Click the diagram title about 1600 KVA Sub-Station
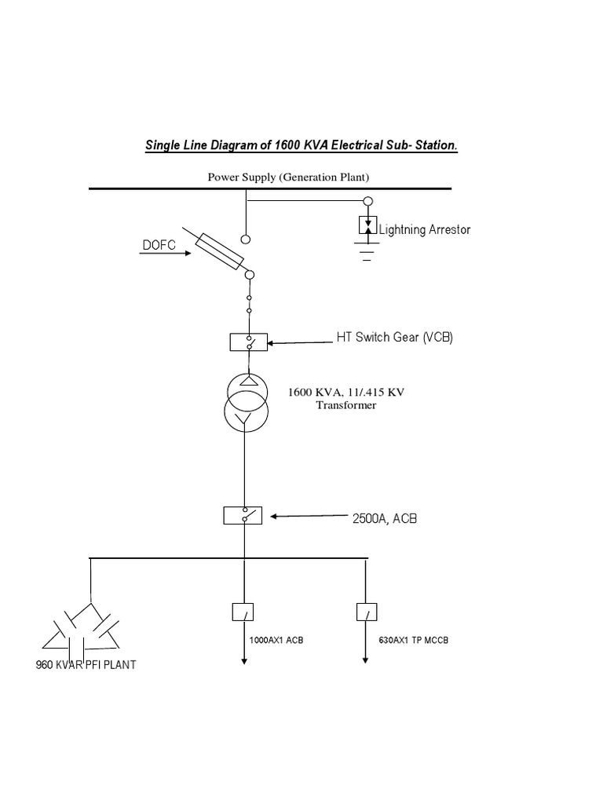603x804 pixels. (x=301, y=146)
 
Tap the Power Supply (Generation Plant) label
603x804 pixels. (x=287, y=177)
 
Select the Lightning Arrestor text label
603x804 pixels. (x=425, y=229)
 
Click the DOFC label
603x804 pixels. (x=160, y=246)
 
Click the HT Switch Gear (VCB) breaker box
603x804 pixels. (x=249, y=342)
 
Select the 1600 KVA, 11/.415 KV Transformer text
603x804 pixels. (x=345, y=399)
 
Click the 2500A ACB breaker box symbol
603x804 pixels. (x=244, y=516)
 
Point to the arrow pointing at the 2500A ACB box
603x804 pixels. (x=306, y=517)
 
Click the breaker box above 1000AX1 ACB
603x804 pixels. (x=243, y=612)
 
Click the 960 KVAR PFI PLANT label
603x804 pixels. (x=86, y=665)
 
